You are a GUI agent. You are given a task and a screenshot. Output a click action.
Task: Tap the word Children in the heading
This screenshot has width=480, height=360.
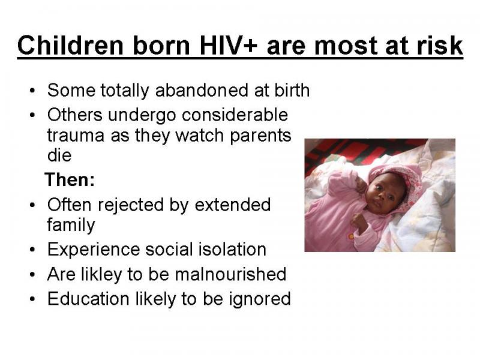(70, 45)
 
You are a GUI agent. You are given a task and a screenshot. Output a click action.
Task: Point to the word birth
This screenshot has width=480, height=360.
(292, 91)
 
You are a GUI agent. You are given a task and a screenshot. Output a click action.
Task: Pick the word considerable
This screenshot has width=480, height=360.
(235, 115)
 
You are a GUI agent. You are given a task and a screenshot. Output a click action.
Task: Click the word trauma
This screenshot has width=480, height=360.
(76, 136)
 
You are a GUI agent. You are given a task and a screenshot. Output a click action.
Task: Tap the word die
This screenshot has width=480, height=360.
(59, 155)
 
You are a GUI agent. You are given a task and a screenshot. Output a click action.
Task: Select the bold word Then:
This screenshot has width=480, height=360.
(70, 179)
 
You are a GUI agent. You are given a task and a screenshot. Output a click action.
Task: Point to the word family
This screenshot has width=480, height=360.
(71, 225)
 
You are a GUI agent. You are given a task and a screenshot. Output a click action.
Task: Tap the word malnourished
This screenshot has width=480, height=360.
(230, 274)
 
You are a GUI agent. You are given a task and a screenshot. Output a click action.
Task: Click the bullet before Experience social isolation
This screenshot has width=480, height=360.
(33, 250)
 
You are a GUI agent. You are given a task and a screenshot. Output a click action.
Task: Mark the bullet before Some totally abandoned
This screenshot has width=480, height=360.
(33, 91)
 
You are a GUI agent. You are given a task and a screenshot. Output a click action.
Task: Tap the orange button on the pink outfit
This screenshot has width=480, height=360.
(351, 236)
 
